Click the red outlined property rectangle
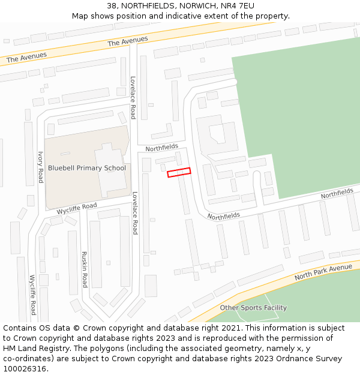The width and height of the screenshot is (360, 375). pos(179,172)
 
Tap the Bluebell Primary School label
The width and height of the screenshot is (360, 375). pos(87,168)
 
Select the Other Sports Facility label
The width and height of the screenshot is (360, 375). pos(253,308)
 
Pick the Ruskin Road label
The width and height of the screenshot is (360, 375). pos(85,269)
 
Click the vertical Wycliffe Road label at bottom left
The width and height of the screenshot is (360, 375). pos(33,295)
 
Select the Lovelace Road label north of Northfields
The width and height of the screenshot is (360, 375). pos(133,97)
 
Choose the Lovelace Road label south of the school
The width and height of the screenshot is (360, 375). pos(135,212)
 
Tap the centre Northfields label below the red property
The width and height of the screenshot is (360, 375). pos(224,215)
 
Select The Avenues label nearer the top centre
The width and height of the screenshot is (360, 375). pos(127,41)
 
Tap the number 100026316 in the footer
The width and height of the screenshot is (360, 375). pos(25,368)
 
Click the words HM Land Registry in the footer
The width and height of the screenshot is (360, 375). pos(30,348)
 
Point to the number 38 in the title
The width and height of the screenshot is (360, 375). pos(112,6)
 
